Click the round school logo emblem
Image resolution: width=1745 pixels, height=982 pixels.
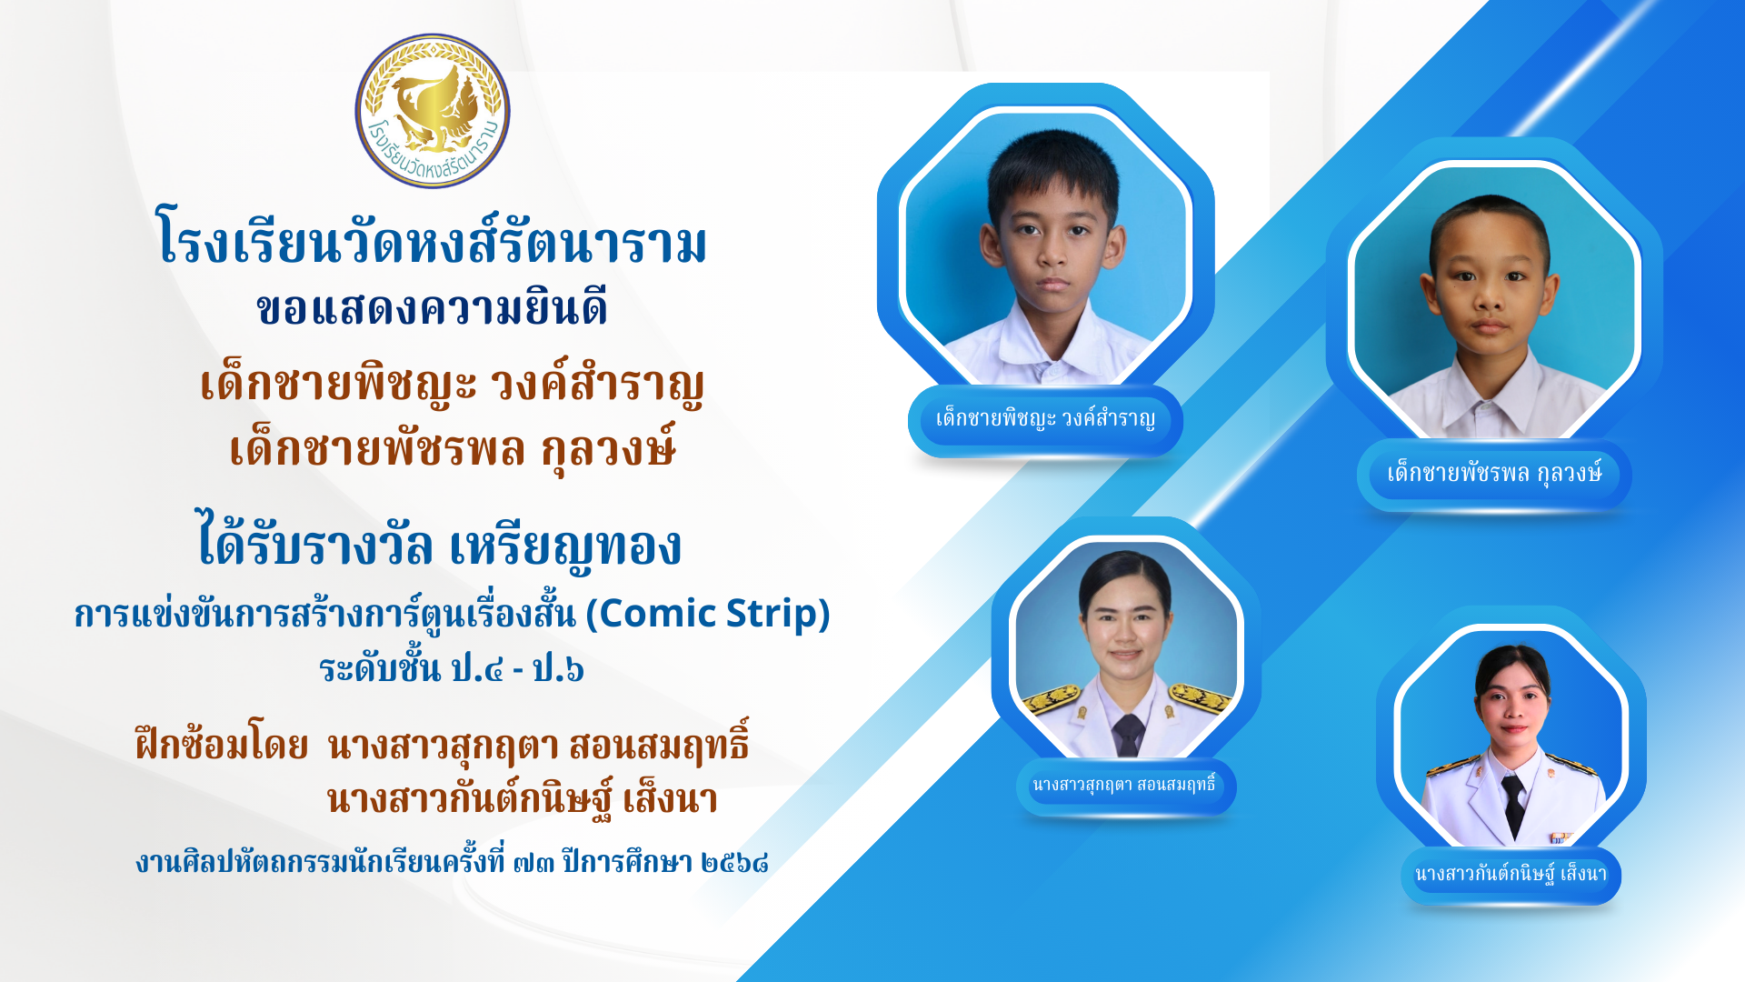433,111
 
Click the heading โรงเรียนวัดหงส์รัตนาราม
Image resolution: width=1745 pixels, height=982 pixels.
433,239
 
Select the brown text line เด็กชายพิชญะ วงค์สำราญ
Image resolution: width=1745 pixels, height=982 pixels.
452,385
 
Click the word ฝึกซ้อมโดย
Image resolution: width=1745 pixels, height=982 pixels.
222,746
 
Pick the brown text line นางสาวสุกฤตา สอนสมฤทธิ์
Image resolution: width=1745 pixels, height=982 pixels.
538,744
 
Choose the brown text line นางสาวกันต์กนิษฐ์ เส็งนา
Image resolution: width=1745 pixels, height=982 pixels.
523,798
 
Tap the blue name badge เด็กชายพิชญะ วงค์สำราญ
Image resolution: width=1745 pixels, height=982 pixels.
1045,420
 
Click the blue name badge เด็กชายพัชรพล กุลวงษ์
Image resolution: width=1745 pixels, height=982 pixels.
1494,474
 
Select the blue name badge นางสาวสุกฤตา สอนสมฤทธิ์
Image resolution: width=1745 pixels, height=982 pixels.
1125,786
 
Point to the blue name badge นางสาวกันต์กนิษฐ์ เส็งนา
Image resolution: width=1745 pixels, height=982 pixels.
1511,875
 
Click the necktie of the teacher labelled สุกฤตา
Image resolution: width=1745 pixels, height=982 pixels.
1128,735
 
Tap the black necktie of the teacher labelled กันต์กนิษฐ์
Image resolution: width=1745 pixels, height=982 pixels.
1513,804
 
